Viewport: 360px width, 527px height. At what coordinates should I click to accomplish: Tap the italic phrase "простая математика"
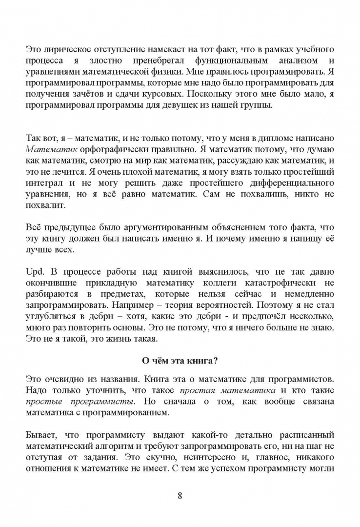(x=227, y=390)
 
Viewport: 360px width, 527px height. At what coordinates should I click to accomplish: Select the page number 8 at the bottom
(x=180, y=496)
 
